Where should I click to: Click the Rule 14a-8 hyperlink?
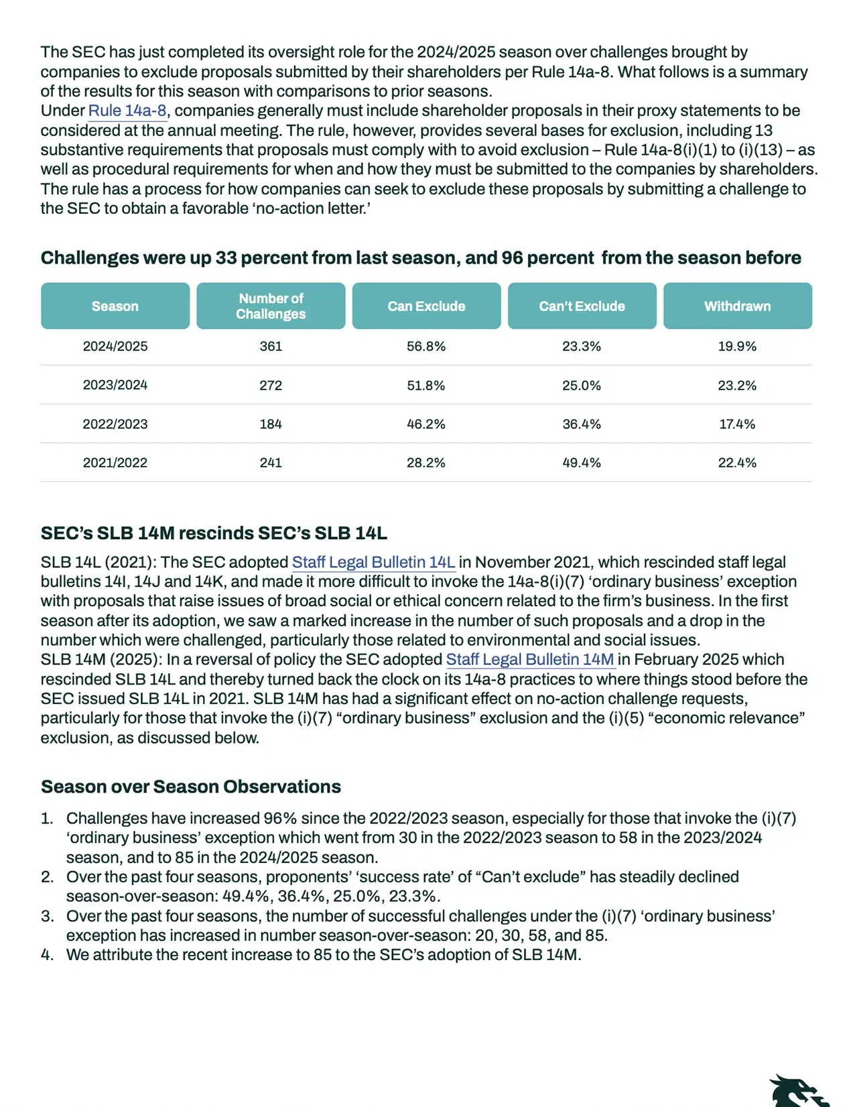[127, 111]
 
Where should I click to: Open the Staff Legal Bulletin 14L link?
[373, 562]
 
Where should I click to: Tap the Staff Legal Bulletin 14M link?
[530, 659]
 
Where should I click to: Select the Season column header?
[115, 306]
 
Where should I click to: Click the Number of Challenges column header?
[271, 306]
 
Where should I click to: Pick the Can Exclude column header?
[426, 306]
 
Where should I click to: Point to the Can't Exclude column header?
[582, 306]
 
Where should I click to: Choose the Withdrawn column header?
[737, 306]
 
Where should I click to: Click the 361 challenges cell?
[271, 347]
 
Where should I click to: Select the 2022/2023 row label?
[115, 424]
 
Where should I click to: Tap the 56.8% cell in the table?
[426, 347]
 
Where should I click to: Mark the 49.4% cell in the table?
[582, 463]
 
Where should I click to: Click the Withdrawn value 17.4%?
[737, 424]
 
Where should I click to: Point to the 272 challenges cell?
[271, 386]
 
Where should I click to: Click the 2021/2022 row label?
[115, 463]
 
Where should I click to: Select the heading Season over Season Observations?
[191, 786]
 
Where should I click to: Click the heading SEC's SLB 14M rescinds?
[214, 533]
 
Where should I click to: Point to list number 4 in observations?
[47, 955]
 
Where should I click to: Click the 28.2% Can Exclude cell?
[426, 463]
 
